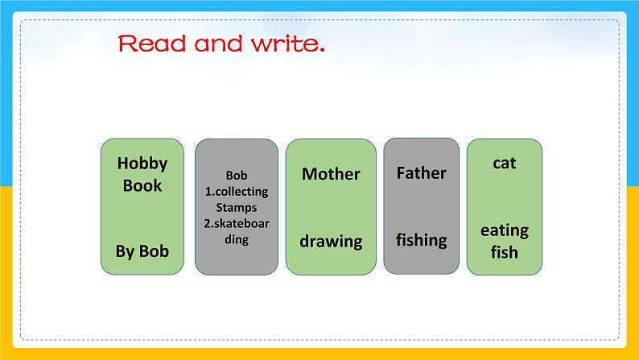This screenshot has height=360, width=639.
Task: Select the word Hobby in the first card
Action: [142, 163]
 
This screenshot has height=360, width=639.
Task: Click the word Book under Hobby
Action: [142, 185]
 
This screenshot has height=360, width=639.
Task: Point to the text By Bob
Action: [142, 251]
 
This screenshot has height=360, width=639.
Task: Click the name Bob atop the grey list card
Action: [237, 176]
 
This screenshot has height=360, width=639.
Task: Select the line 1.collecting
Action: [237, 192]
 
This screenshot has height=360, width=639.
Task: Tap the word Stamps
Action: [237, 207]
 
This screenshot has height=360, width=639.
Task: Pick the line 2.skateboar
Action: [237, 223]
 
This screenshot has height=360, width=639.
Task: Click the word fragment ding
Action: [237, 239]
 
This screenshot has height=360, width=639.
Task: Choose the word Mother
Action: [331, 174]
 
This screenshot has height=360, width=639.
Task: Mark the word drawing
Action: [331, 241]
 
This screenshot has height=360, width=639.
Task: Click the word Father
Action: [421, 172]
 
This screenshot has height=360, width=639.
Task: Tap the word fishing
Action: [421, 239]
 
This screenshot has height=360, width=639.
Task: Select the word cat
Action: [505, 163]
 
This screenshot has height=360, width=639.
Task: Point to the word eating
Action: [505, 230]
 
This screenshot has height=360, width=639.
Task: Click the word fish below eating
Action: [505, 252]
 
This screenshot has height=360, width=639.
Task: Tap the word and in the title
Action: [218, 43]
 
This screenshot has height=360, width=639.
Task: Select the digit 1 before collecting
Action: [207, 192]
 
